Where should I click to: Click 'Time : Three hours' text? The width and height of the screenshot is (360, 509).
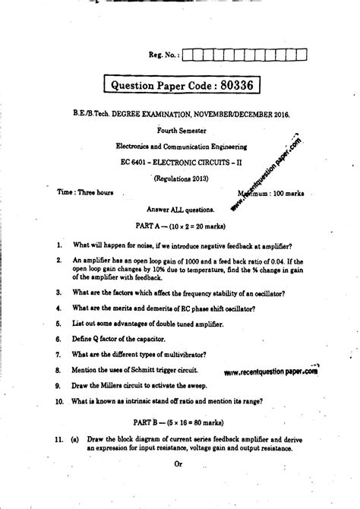coord(86,193)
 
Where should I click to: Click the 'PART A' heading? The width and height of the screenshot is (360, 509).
coord(152,226)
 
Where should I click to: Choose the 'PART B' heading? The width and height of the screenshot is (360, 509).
coord(152,420)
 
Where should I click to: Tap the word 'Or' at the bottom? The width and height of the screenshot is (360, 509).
coord(180,464)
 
